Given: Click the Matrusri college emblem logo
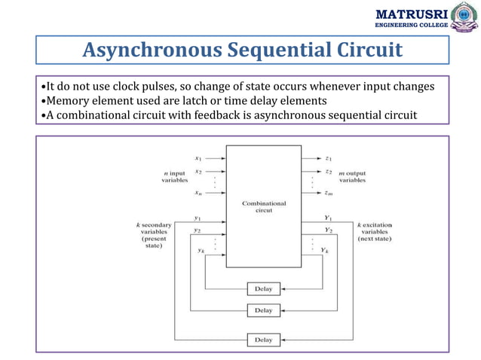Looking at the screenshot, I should (x=462, y=18).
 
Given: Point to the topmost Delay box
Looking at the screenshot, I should (x=263, y=288).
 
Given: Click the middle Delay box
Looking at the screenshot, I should (x=263, y=310).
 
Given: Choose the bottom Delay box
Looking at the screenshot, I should (x=263, y=340).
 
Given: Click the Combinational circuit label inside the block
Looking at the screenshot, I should (x=263, y=206).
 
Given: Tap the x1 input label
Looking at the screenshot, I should (x=198, y=158).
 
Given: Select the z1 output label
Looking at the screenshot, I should (x=329, y=158).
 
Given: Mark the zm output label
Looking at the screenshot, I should (x=329, y=194).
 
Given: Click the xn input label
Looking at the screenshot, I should (x=198, y=194).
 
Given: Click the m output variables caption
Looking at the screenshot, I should (x=352, y=176).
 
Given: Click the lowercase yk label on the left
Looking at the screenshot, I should (x=201, y=252).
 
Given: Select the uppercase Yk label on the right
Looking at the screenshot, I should (x=324, y=249).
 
